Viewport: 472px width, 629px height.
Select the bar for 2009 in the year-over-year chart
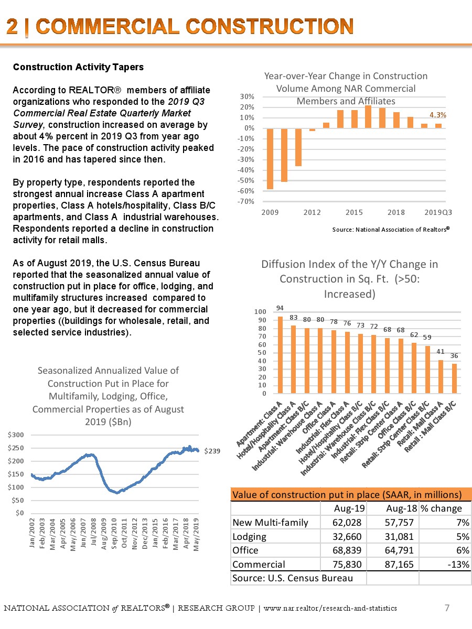tap(270, 158)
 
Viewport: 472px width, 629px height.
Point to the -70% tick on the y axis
tap(249, 201)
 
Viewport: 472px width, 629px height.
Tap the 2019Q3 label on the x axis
tap(438, 212)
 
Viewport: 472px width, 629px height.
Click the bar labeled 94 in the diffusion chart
tap(280, 355)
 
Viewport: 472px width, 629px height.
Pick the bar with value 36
tap(454, 378)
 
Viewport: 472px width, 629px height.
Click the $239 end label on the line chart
tap(212, 451)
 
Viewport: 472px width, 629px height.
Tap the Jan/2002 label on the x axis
tap(33, 533)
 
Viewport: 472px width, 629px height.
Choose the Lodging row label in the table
tap(249, 536)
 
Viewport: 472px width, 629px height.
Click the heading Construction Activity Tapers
tap(78, 67)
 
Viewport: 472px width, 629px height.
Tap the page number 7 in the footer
tap(447, 608)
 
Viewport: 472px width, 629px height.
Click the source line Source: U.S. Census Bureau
tap(292, 578)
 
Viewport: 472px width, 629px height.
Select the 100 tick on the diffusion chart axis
tap(260, 312)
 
